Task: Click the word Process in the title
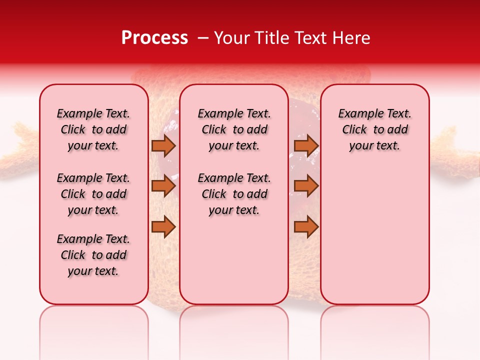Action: [x=154, y=38]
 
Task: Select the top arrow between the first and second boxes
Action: [x=163, y=145]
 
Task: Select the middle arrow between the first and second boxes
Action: [x=163, y=186]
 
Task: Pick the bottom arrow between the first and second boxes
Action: [x=163, y=227]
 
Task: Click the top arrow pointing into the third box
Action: [x=306, y=145]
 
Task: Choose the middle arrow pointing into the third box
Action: [x=306, y=186]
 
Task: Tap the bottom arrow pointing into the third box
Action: [x=306, y=227]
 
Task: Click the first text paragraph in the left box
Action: [x=93, y=129]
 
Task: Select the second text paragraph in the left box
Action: [x=93, y=194]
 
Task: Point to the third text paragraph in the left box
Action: [x=93, y=255]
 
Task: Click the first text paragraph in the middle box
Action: [x=234, y=129]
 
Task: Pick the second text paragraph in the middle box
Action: [x=234, y=194]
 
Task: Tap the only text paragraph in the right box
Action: [x=374, y=129]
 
